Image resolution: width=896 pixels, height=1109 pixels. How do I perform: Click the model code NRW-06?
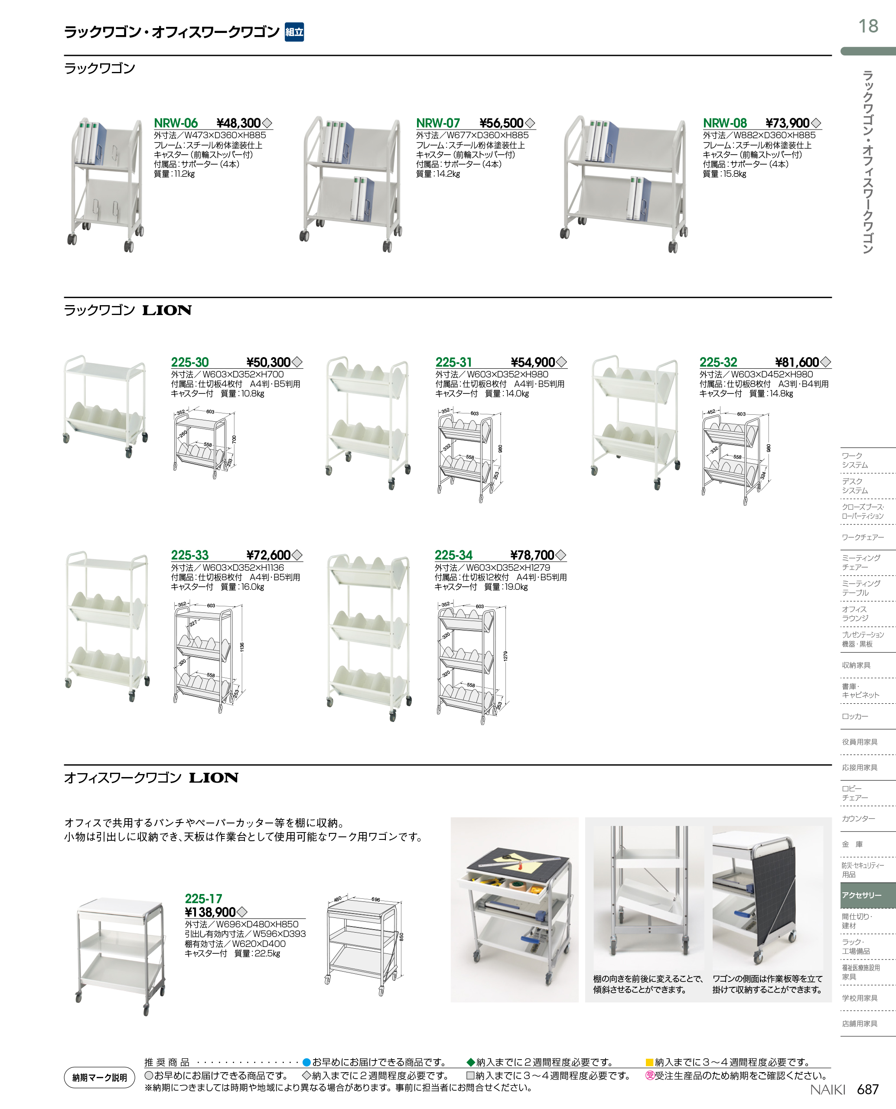[x=176, y=124]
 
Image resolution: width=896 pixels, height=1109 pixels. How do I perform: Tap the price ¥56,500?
[x=501, y=124]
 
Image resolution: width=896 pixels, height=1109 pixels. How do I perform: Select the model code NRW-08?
[x=725, y=124]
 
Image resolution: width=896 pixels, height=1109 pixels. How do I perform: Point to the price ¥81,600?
[x=797, y=362]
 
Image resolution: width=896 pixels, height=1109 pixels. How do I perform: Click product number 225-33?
[x=190, y=555]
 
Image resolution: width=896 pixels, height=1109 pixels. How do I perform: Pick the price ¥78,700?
[x=532, y=555]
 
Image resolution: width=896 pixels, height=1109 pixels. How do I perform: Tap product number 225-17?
[x=203, y=898]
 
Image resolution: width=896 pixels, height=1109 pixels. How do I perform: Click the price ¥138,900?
[x=210, y=912]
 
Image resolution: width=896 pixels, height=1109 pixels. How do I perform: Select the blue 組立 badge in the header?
[x=294, y=32]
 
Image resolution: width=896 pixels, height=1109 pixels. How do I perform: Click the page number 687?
[x=868, y=1089]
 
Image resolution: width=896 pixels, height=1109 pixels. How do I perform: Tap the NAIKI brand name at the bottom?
[x=828, y=1089]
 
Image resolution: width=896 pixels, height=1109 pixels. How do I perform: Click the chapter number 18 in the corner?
[x=868, y=26]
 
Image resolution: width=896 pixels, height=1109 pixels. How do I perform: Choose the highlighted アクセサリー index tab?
[x=861, y=895]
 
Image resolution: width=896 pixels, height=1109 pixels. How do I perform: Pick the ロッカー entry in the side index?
[x=855, y=716]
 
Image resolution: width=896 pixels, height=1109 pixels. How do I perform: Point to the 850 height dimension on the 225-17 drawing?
[x=401, y=937]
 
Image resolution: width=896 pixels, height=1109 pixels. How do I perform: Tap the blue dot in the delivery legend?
[x=306, y=1062]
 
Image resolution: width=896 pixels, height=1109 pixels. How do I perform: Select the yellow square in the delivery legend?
[x=650, y=1062]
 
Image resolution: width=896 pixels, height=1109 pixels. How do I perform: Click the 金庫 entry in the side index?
[x=852, y=844]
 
